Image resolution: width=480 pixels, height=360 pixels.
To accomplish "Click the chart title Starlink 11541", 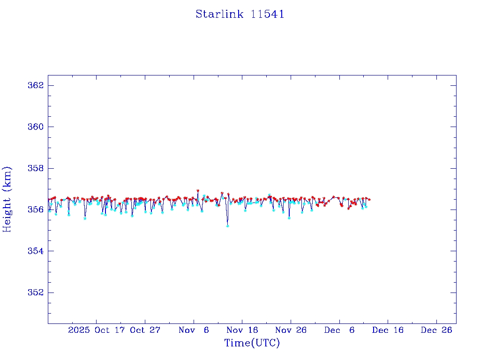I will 240,14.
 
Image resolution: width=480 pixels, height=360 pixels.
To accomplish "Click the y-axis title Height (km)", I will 7,199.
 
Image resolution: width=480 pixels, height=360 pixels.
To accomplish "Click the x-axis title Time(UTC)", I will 252,343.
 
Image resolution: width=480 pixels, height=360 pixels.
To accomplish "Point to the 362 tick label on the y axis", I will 36,85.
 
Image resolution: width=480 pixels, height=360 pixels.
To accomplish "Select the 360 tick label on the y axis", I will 36,127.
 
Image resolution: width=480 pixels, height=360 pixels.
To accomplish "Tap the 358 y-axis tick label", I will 36,168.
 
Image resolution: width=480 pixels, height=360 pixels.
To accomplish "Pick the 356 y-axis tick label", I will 36,210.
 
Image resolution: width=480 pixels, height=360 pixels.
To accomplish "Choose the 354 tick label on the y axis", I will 36,251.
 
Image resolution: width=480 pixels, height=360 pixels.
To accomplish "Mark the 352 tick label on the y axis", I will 36,292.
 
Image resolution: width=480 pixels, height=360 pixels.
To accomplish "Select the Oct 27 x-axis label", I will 145,330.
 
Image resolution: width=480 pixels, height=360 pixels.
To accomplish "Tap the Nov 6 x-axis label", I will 194,330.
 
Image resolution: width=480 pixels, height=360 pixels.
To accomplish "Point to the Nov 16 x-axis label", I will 242,330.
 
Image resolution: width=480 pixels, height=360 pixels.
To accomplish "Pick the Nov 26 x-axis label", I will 291,330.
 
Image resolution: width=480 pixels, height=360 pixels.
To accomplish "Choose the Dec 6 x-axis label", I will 339,330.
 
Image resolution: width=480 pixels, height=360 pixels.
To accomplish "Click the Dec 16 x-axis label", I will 388,330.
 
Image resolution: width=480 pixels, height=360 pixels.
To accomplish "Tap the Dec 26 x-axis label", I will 436,330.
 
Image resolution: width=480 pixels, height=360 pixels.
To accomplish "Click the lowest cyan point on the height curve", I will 227,226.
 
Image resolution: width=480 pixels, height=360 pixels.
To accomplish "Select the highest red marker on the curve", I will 198,191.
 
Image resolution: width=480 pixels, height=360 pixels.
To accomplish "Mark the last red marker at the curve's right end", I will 369,199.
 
